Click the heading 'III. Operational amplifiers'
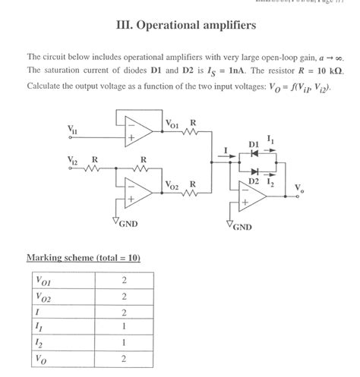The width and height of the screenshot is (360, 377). click(x=180, y=26)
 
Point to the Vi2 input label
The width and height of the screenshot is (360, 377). click(x=73, y=161)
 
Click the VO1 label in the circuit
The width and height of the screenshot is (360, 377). click(x=172, y=122)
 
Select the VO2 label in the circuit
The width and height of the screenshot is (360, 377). click(x=172, y=185)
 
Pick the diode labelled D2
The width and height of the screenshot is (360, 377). click(x=255, y=171)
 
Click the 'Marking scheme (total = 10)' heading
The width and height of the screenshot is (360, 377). click(x=83, y=258)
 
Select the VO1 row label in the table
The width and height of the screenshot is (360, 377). click(x=43, y=281)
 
